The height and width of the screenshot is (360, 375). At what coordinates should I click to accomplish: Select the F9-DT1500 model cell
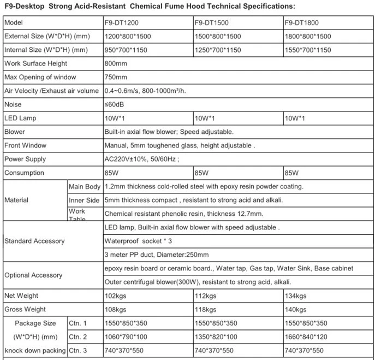(x=212, y=23)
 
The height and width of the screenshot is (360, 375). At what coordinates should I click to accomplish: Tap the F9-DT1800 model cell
(x=303, y=23)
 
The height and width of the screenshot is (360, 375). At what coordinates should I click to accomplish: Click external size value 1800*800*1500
(x=308, y=37)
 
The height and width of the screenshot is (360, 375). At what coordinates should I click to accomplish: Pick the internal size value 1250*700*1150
(x=217, y=50)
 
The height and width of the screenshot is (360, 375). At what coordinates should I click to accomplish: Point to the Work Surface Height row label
(x=36, y=64)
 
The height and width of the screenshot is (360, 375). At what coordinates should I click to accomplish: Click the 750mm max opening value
(x=115, y=78)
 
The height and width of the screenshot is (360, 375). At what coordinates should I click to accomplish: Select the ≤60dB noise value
(x=114, y=105)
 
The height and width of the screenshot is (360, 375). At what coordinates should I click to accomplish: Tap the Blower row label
(x=15, y=132)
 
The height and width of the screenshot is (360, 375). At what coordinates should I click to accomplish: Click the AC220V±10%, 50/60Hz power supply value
(x=141, y=160)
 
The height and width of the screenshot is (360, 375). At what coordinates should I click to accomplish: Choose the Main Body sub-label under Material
(x=84, y=187)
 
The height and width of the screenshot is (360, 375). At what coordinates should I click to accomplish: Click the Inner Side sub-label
(x=84, y=200)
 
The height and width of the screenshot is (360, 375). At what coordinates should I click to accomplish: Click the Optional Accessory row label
(x=33, y=275)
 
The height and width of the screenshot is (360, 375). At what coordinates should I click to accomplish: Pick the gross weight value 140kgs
(x=296, y=310)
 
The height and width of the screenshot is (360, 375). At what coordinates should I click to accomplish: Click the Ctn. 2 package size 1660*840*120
(x=307, y=337)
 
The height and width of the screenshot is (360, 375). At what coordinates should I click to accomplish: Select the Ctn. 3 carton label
(x=78, y=351)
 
